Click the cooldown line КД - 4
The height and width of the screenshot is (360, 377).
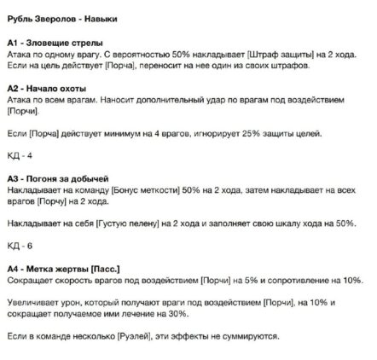[19, 158]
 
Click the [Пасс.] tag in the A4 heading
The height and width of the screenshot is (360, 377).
[108, 268]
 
